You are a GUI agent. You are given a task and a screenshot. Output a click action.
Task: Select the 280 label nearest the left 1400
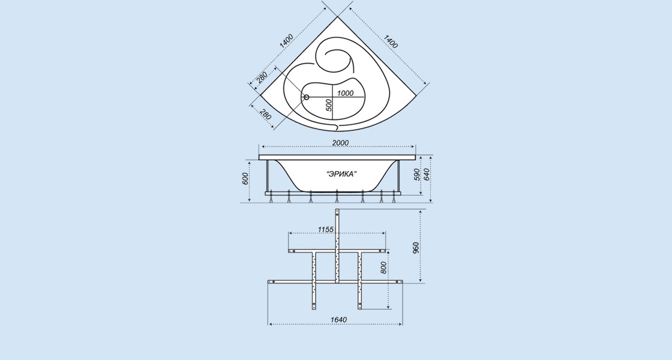[x=262, y=78]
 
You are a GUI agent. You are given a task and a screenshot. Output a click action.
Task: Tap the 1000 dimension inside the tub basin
[x=346, y=93]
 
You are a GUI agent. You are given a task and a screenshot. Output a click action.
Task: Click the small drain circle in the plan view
[x=306, y=97]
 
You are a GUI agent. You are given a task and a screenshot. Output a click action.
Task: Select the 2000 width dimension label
[x=340, y=142]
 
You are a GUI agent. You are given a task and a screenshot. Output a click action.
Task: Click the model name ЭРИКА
[x=342, y=173]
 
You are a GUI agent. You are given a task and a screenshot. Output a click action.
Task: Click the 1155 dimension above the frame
[x=325, y=229]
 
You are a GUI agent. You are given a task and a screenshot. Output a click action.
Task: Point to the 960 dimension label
[x=416, y=247]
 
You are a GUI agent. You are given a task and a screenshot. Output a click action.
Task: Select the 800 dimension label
[x=383, y=268]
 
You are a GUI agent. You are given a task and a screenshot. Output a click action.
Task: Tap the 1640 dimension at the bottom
[x=338, y=320]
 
